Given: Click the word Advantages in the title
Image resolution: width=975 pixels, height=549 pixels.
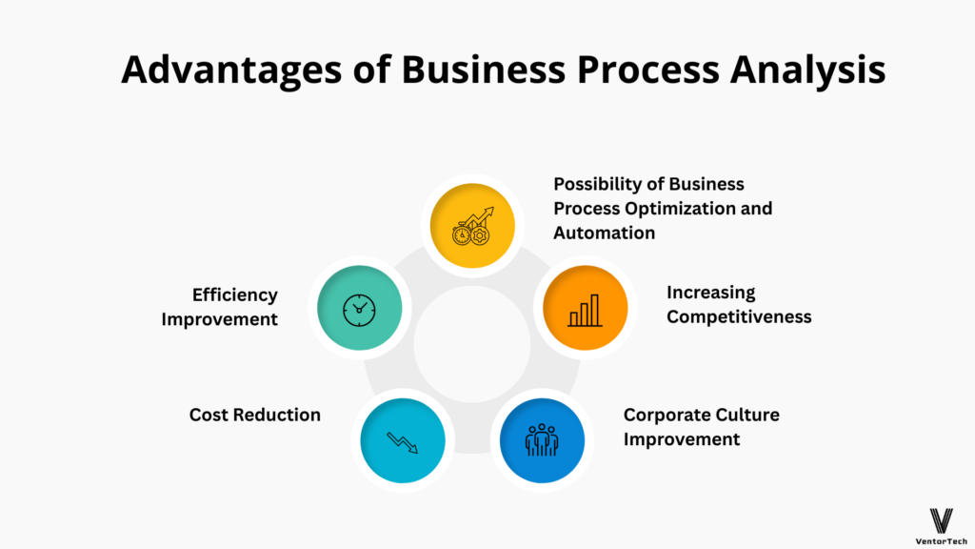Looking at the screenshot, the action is (231, 71).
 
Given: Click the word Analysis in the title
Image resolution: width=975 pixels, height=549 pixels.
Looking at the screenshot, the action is (807, 71).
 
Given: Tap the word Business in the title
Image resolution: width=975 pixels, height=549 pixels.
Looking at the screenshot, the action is (483, 69).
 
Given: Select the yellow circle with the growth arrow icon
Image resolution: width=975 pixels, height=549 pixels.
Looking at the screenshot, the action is (472, 225).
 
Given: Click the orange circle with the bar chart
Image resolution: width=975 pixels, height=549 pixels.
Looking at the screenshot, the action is (586, 308).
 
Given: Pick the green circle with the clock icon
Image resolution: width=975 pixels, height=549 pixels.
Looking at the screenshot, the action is (359, 308).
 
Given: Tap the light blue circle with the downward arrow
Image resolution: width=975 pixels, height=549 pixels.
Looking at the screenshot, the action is (403, 440).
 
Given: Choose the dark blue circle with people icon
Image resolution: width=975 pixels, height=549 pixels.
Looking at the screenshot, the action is (542, 440).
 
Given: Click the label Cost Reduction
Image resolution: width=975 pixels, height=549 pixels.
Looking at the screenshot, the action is (255, 415).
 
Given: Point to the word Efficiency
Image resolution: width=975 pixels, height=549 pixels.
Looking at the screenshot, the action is (235, 295).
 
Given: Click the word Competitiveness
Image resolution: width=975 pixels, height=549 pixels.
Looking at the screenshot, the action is (739, 316).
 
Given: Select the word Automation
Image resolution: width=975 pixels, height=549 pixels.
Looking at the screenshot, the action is (605, 233).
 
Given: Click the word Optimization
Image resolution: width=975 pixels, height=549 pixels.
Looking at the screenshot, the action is (680, 209).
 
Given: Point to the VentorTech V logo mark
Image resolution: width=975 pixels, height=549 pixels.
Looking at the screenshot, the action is (942, 521).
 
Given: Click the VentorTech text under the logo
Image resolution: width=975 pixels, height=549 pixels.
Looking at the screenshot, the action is (942, 541).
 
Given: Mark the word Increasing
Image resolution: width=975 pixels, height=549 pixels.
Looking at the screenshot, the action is (710, 293).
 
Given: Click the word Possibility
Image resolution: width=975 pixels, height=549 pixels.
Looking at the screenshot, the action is (596, 184).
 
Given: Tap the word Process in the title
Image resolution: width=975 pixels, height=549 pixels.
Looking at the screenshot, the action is (647, 71).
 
